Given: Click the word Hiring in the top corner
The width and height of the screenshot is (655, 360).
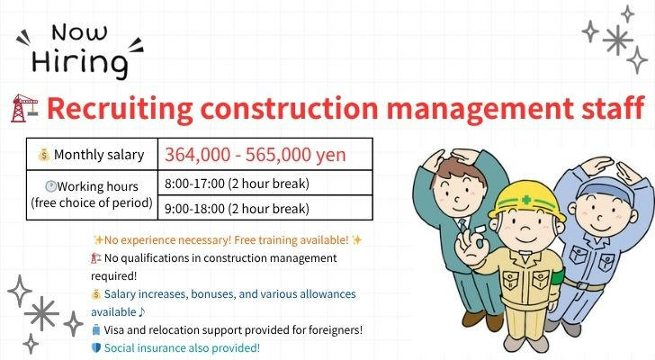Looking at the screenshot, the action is coord(79,63).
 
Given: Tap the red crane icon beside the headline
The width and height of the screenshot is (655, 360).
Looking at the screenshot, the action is coord(24,108).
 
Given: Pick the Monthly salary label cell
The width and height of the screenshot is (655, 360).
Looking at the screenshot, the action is coord(92,154).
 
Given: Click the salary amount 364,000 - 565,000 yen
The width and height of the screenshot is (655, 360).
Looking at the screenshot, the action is coord(256,155).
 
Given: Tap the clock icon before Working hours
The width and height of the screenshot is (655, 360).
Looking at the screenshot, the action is coord(50,185).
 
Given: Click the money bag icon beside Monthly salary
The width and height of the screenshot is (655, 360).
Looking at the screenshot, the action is coord(44,155).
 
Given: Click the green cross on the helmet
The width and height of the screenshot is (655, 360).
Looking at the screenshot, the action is coord(526,200).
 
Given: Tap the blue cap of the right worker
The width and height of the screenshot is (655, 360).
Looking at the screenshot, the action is coord(606,191).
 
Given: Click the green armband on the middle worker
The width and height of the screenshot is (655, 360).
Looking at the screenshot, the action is coord(559,278).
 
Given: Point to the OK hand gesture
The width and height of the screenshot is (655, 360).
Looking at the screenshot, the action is coord(471,243).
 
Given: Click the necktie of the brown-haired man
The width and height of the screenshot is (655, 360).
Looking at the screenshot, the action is coord(462,225).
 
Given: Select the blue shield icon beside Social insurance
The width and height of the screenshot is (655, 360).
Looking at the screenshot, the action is coord(96,347).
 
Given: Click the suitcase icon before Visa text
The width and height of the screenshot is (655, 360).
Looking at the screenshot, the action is coord(96,329).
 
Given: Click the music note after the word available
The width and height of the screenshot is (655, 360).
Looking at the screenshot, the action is coord(142,311).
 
